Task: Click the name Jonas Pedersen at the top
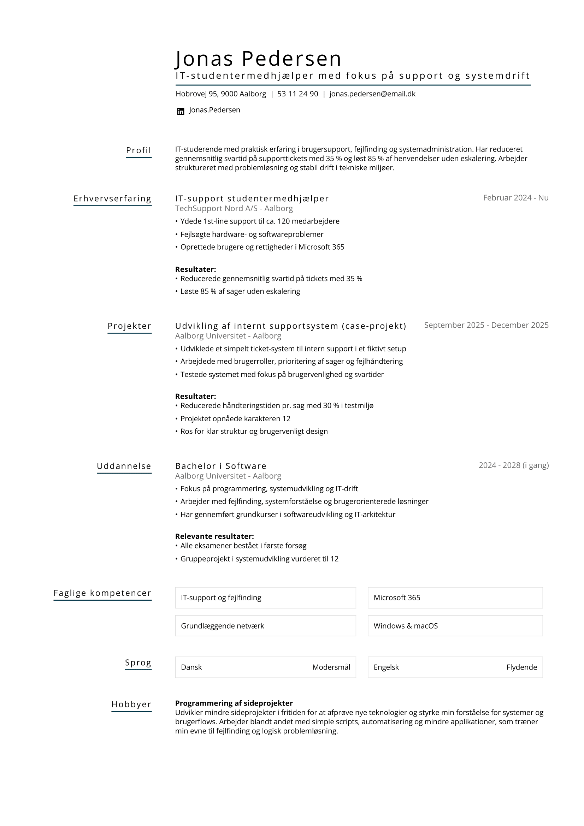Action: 258,59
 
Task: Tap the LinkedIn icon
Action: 181,112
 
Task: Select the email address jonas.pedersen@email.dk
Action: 372,94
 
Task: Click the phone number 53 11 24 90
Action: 297,94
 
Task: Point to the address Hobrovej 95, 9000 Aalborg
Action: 220,94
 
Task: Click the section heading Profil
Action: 138,150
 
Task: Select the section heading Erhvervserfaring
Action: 112,198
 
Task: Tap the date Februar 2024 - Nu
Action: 515,198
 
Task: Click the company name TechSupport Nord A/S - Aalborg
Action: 234,209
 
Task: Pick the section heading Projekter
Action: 129,326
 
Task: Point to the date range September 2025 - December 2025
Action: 486,325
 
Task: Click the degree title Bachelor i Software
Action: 220,466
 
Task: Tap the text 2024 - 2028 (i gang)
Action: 513,465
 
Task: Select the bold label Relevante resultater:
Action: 214,536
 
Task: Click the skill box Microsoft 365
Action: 455,598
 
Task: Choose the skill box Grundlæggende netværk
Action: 265,626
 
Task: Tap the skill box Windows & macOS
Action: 455,626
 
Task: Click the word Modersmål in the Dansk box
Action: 331,667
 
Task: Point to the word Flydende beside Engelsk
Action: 521,667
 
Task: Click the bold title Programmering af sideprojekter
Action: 234,703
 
